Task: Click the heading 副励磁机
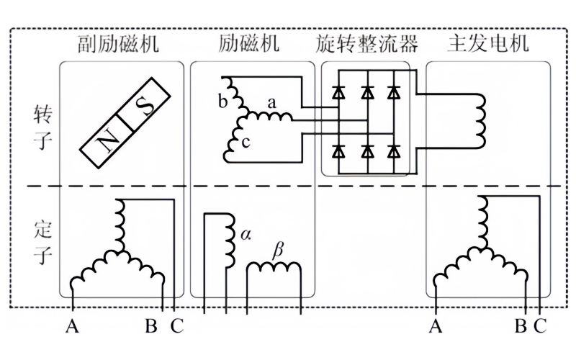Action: pyautogui.click(x=120, y=45)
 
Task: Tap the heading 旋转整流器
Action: pyautogui.click(x=366, y=45)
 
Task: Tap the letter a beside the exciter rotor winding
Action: pyautogui.click(x=271, y=103)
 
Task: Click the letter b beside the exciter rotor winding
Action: pyautogui.click(x=222, y=100)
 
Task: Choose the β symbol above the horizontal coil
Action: pyautogui.click(x=277, y=251)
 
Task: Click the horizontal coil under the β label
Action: pyautogui.click(x=274, y=269)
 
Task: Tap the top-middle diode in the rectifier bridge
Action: pyautogui.click(x=367, y=92)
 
